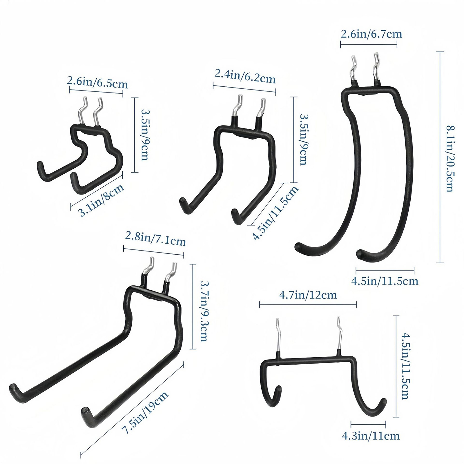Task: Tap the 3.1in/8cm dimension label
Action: coord(102,200)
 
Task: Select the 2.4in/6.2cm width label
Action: coord(245,77)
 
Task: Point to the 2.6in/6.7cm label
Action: coord(371,34)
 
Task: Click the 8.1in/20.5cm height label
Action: coord(450,159)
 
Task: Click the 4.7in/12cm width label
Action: coord(308,295)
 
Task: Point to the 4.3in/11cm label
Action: coord(371,436)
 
